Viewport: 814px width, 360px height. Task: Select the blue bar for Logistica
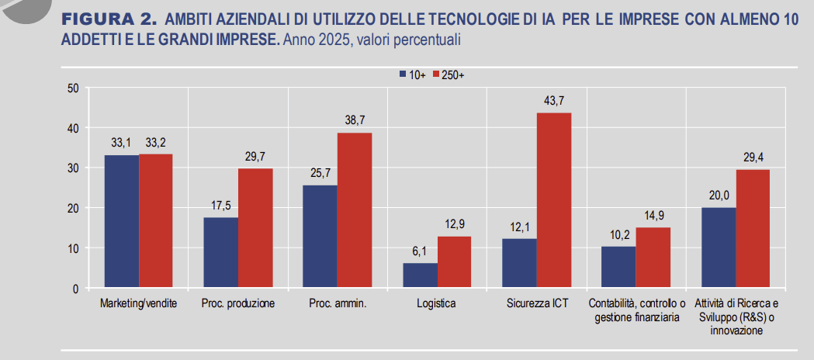coord(420,275)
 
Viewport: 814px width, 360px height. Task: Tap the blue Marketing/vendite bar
coord(122,221)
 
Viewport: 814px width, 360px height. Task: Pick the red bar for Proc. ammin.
coord(355,210)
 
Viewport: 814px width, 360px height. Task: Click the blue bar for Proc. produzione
coord(221,252)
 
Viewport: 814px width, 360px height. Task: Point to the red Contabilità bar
coord(653,258)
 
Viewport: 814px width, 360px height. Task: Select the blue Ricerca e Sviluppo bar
coord(719,247)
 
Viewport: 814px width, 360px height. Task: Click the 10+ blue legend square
coord(404,74)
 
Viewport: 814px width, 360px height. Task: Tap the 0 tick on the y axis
coord(75,289)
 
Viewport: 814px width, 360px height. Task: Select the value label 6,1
coord(420,251)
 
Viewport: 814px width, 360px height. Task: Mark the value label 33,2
coord(155,142)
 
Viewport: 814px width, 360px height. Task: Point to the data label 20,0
coord(719,195)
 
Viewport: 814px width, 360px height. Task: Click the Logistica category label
coord(436,303)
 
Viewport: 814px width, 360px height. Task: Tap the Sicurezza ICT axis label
coord(536,303)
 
